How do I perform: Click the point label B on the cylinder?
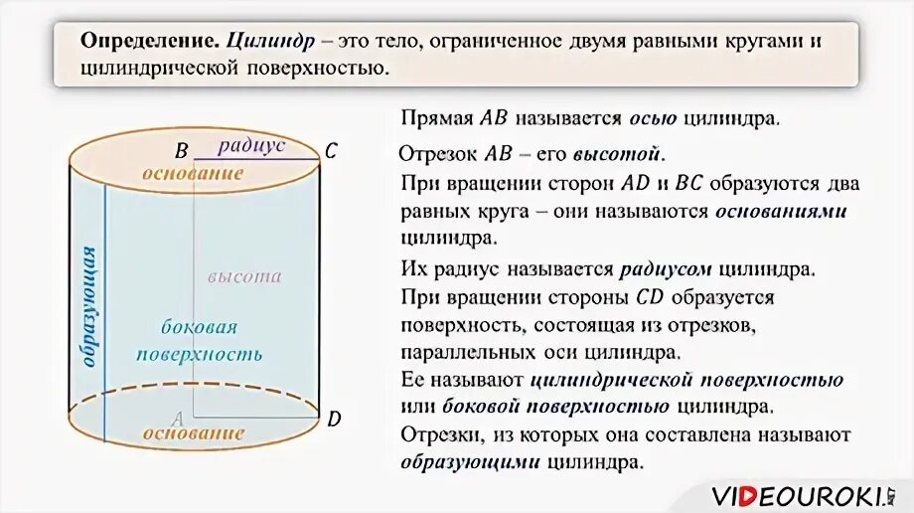[x=182, y=151]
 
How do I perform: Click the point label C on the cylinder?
[x=331, y=151]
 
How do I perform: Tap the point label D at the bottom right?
[x=334, y=419]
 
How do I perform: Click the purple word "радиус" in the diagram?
[x=251, y=145]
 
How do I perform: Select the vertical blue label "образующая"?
[x=88, y=307]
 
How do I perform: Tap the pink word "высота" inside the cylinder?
[x=244, y=277]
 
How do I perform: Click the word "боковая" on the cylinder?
[x=199, y=327]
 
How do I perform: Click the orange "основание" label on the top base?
[x=193, y=173]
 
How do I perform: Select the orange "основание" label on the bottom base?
[x=193, y=433]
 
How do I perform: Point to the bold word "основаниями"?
[x=780, y=212]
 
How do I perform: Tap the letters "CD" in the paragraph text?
[x=647, y=297]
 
